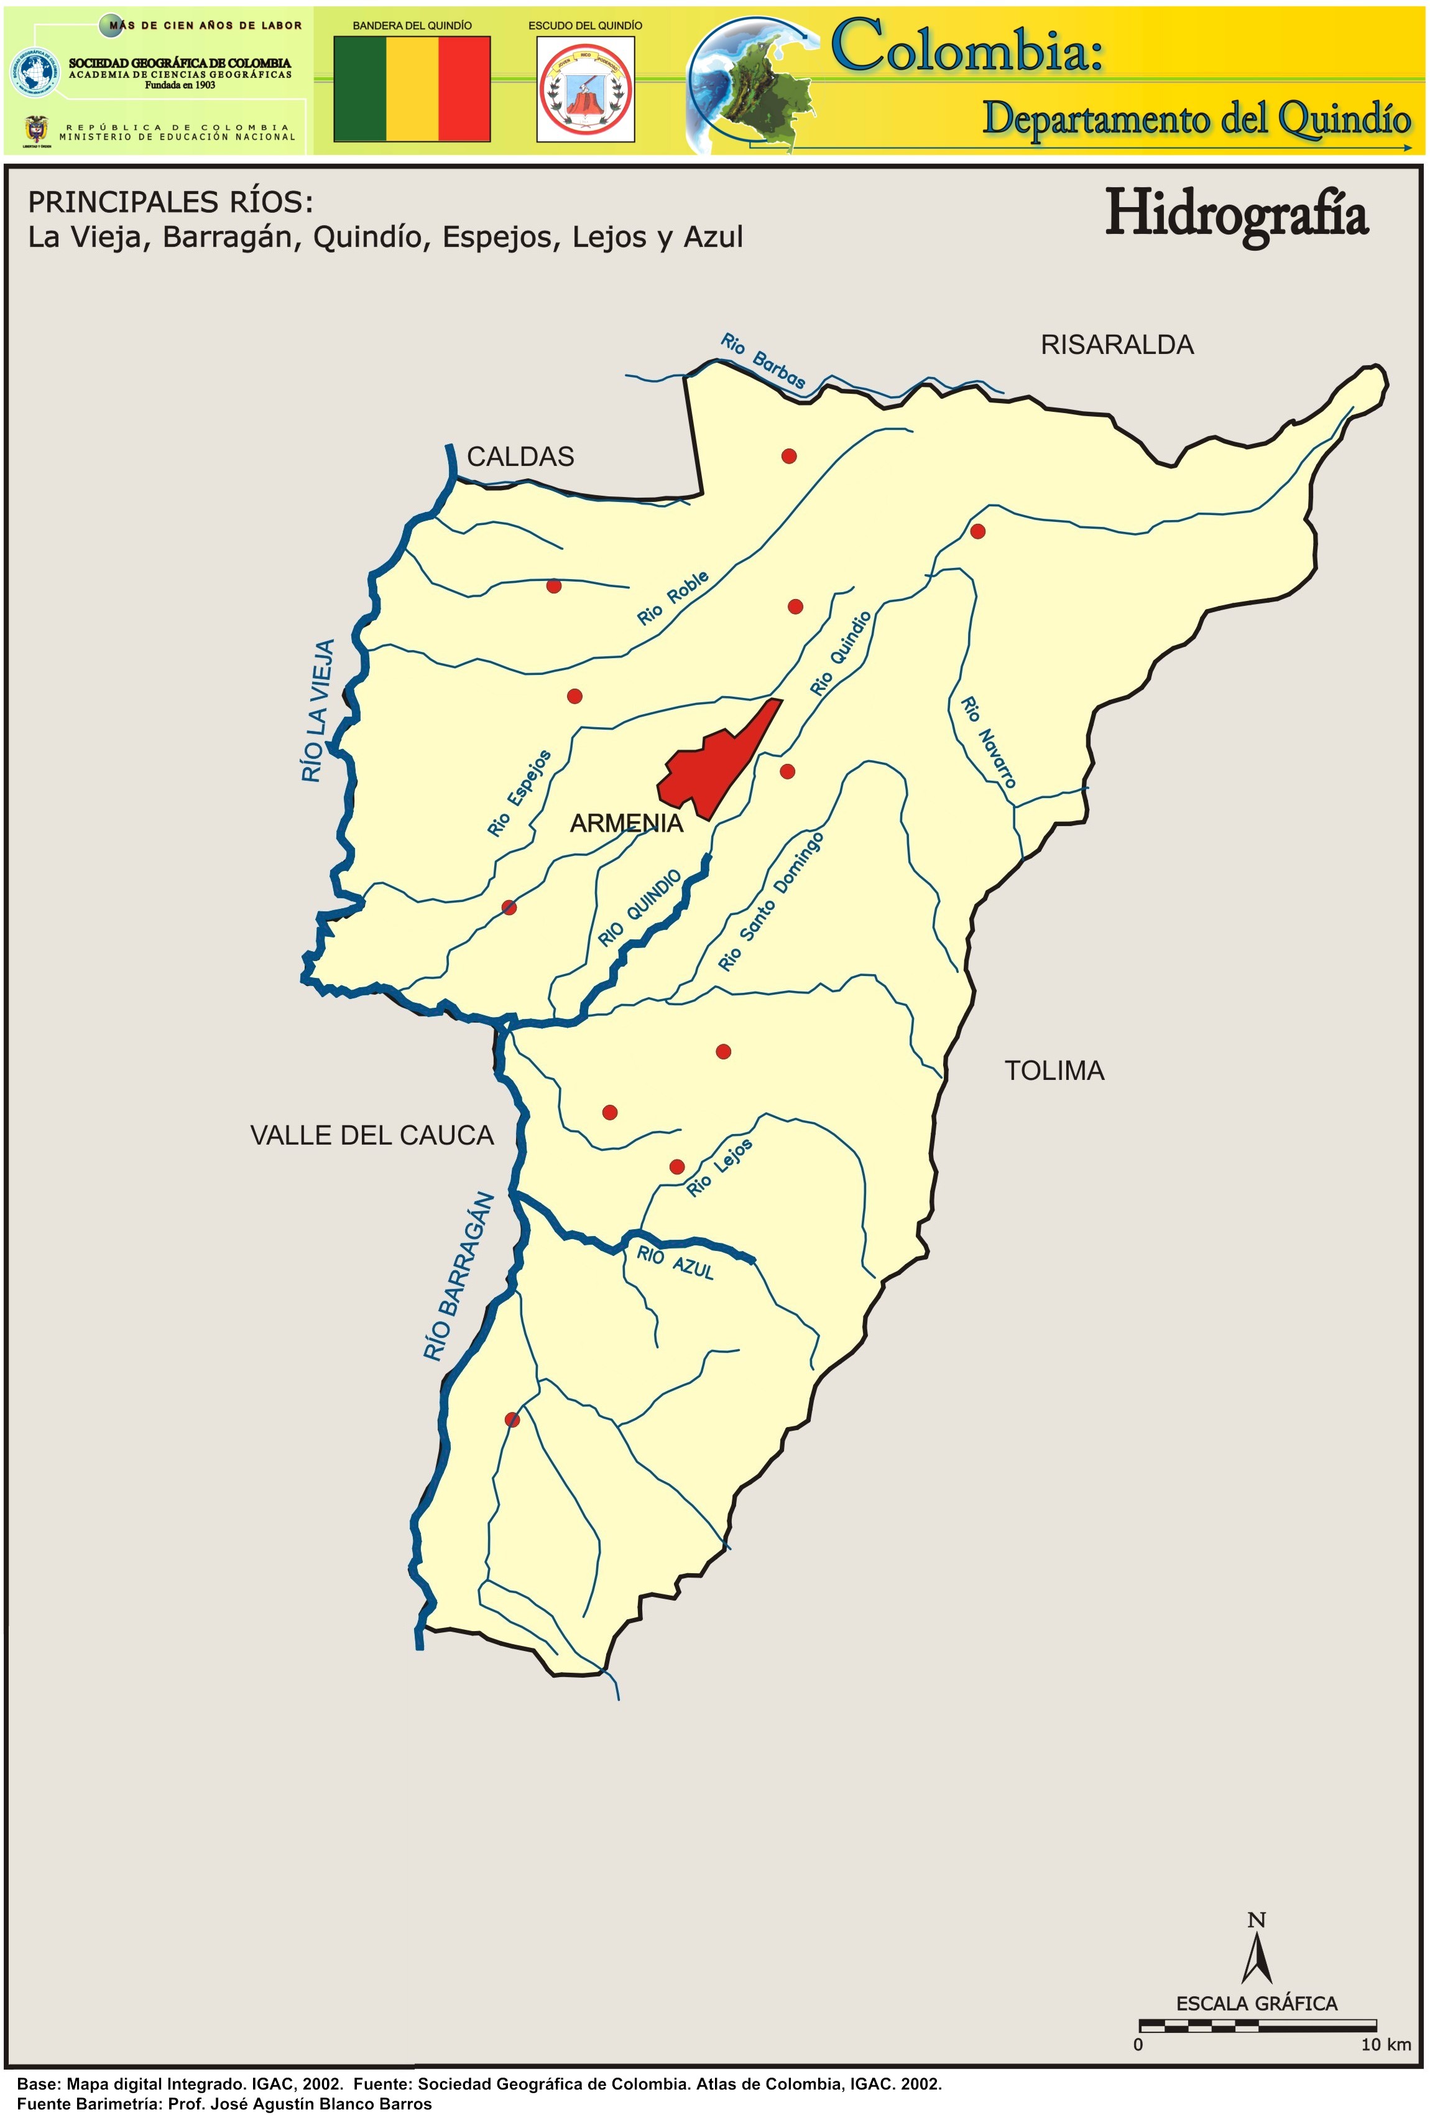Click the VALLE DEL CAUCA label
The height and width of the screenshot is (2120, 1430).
click(x=371, y=1136)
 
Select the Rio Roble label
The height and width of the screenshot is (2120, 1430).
click(x=673, y=598)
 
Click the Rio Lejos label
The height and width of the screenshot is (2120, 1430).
click(x=719, y=1168)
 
